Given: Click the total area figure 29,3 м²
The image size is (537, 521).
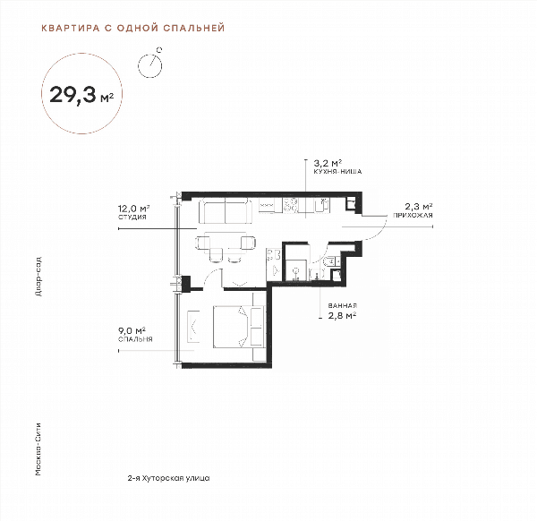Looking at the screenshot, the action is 81,95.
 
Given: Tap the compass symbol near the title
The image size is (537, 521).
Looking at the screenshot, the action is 150,64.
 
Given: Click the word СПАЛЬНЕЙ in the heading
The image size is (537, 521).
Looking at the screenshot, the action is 194,28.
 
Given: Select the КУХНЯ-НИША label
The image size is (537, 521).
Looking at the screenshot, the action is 337,171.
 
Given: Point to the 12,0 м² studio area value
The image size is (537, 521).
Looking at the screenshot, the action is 134,209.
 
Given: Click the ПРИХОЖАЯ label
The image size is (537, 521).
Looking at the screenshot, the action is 413,216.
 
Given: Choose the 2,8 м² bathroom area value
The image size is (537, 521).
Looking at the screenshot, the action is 343,315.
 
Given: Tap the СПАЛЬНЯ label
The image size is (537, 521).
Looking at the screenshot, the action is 135,339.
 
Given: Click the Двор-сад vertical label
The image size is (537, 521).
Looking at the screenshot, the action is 38,276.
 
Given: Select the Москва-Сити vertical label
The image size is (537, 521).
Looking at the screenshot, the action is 38,449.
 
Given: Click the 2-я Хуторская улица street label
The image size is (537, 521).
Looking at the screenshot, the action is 168,478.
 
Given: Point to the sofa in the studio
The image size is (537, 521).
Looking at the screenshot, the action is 226,210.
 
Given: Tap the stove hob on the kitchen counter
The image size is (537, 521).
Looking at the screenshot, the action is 290,205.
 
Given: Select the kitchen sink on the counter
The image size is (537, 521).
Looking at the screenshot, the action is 322,206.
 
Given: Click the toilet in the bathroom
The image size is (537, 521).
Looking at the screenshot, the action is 331,261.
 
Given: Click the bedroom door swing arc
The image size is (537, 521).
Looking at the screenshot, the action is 211,275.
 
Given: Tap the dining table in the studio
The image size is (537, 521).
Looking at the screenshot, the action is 226,243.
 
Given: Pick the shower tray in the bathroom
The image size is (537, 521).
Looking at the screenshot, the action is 296,269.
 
